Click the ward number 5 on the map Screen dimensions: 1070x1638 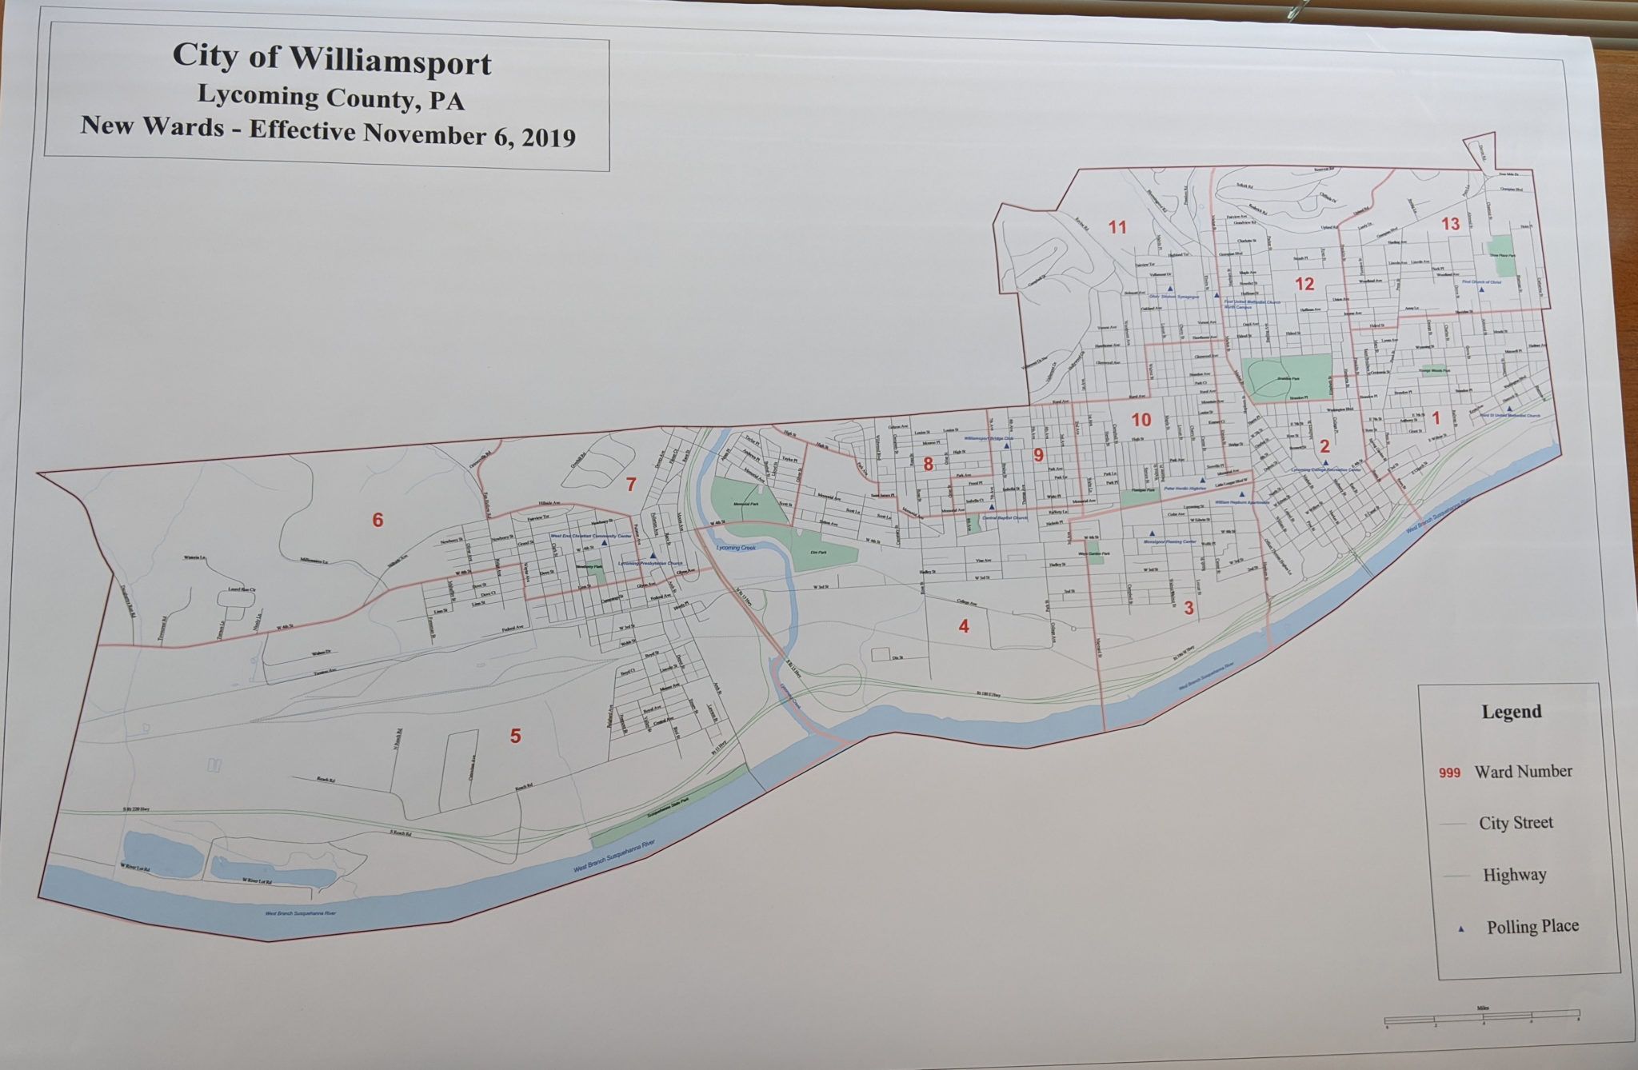516,736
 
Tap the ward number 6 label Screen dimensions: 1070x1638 378,521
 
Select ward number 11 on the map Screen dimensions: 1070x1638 1117,227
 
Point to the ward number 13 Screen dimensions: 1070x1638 1450,224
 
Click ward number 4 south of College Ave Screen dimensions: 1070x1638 964,627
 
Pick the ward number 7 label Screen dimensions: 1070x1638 631,485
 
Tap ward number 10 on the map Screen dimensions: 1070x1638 1141,420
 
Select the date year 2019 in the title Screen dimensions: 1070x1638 548,138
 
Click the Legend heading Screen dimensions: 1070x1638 1511,712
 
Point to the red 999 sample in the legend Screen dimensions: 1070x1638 1449,773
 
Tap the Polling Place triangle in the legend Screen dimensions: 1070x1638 1461,928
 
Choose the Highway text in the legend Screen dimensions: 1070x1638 1514,875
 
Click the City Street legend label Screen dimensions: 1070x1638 1516,823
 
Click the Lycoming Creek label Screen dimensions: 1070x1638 736,548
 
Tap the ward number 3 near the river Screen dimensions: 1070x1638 1189,609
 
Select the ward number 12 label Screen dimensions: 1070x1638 1304,284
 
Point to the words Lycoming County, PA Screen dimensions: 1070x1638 331,98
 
